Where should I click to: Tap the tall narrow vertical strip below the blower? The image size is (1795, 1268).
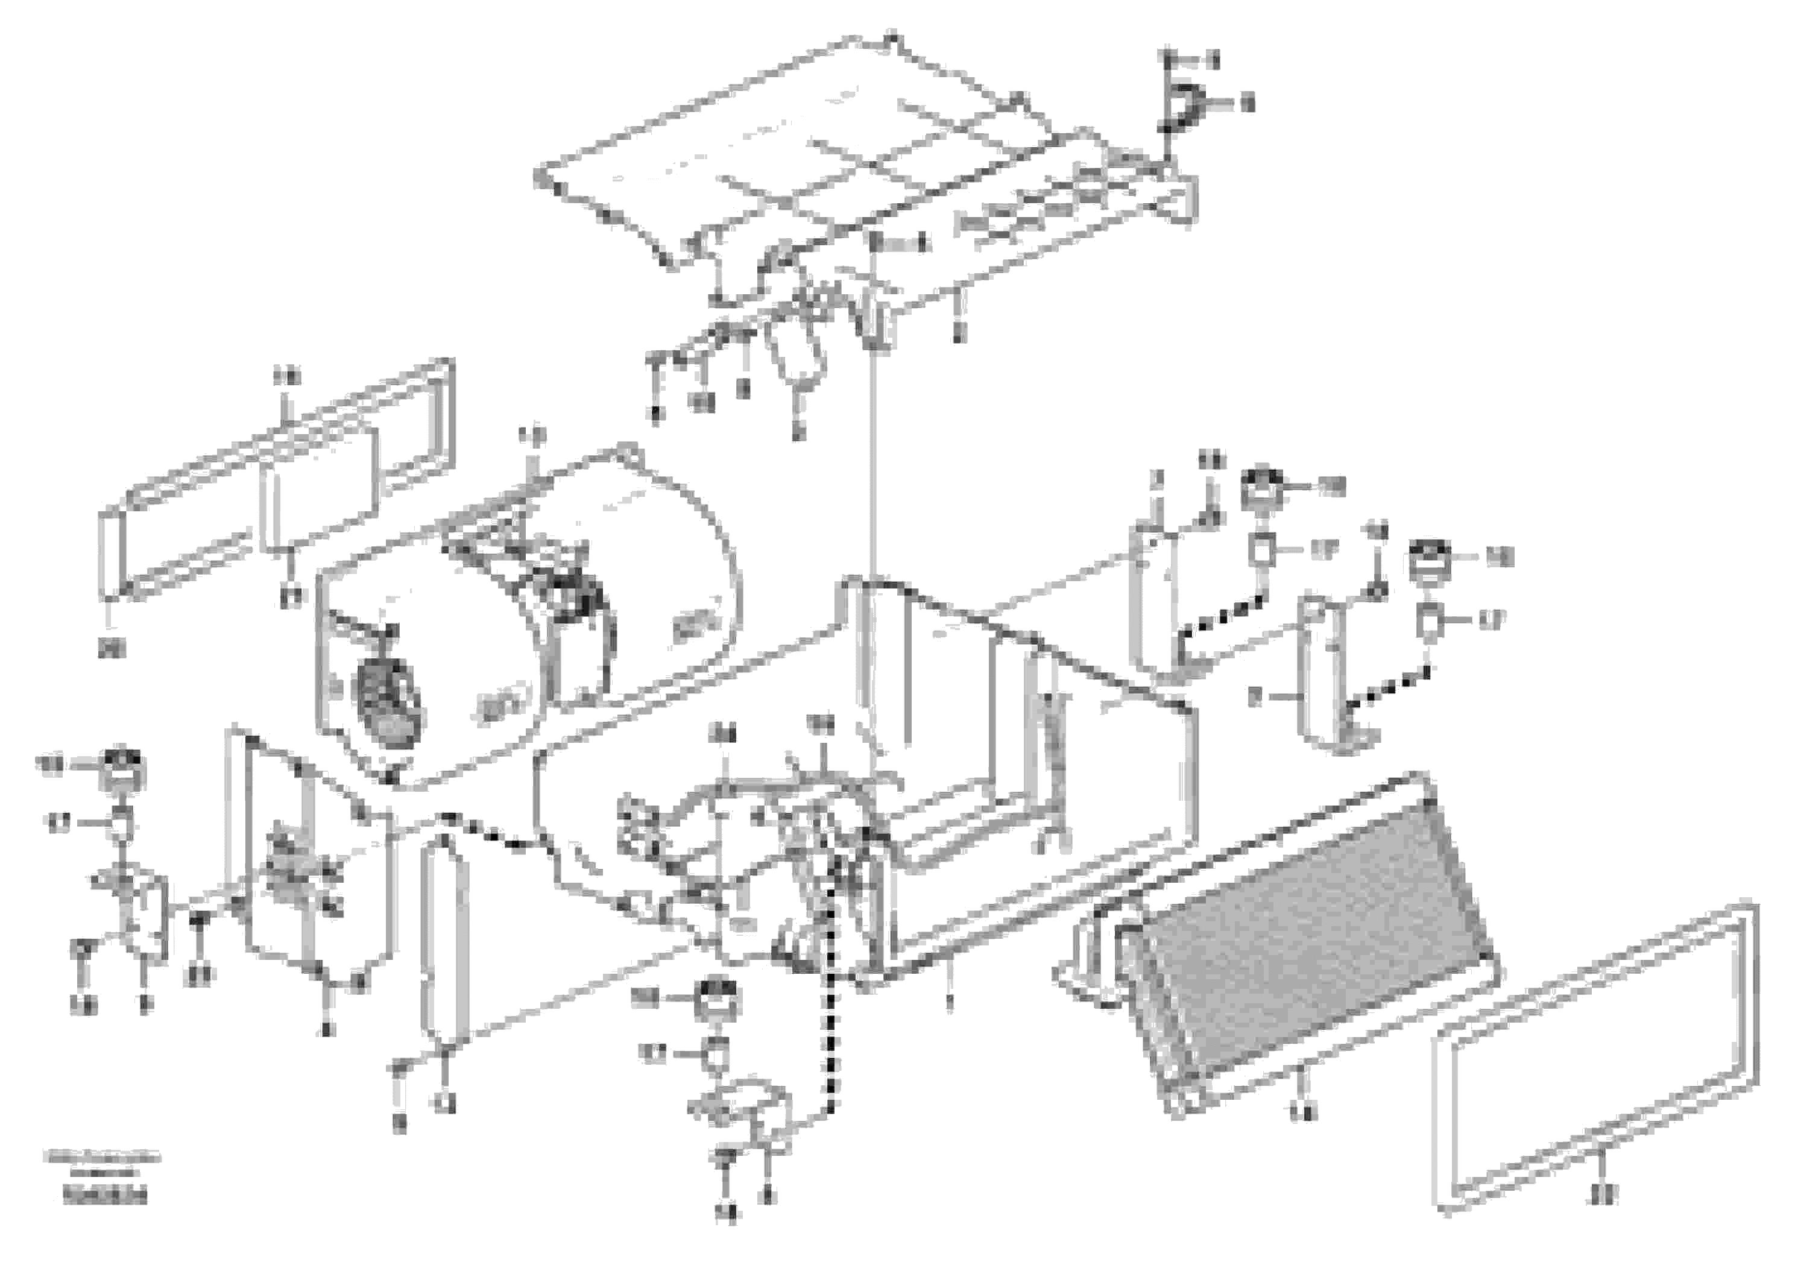click(444, 938)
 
